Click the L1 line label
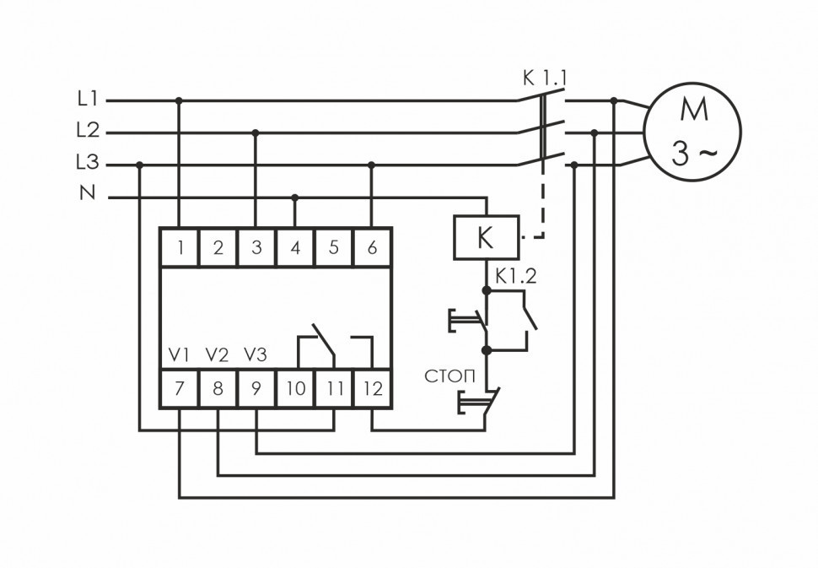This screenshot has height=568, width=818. pos(88,100)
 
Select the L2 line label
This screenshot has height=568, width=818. pos(88,131)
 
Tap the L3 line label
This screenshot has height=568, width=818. pos(88,163)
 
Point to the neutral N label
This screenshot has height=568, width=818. pos(88,193)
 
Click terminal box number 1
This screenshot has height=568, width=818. pos(180,247)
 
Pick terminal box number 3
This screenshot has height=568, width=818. pos(256,247)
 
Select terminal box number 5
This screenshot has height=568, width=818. pos(333,247)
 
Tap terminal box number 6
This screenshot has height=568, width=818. pos(372,247)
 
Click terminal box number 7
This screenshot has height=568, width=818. pos(180,389)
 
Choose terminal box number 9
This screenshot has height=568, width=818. pos(256,389)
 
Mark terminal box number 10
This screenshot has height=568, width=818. pos(295,389)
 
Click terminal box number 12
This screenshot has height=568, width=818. pos(372,389)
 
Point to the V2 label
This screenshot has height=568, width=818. pos(218,355)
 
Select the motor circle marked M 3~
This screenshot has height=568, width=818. pos(692,132)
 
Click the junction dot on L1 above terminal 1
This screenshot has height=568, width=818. pos(179,100)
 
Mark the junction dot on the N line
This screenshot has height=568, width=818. pos(294,198)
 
